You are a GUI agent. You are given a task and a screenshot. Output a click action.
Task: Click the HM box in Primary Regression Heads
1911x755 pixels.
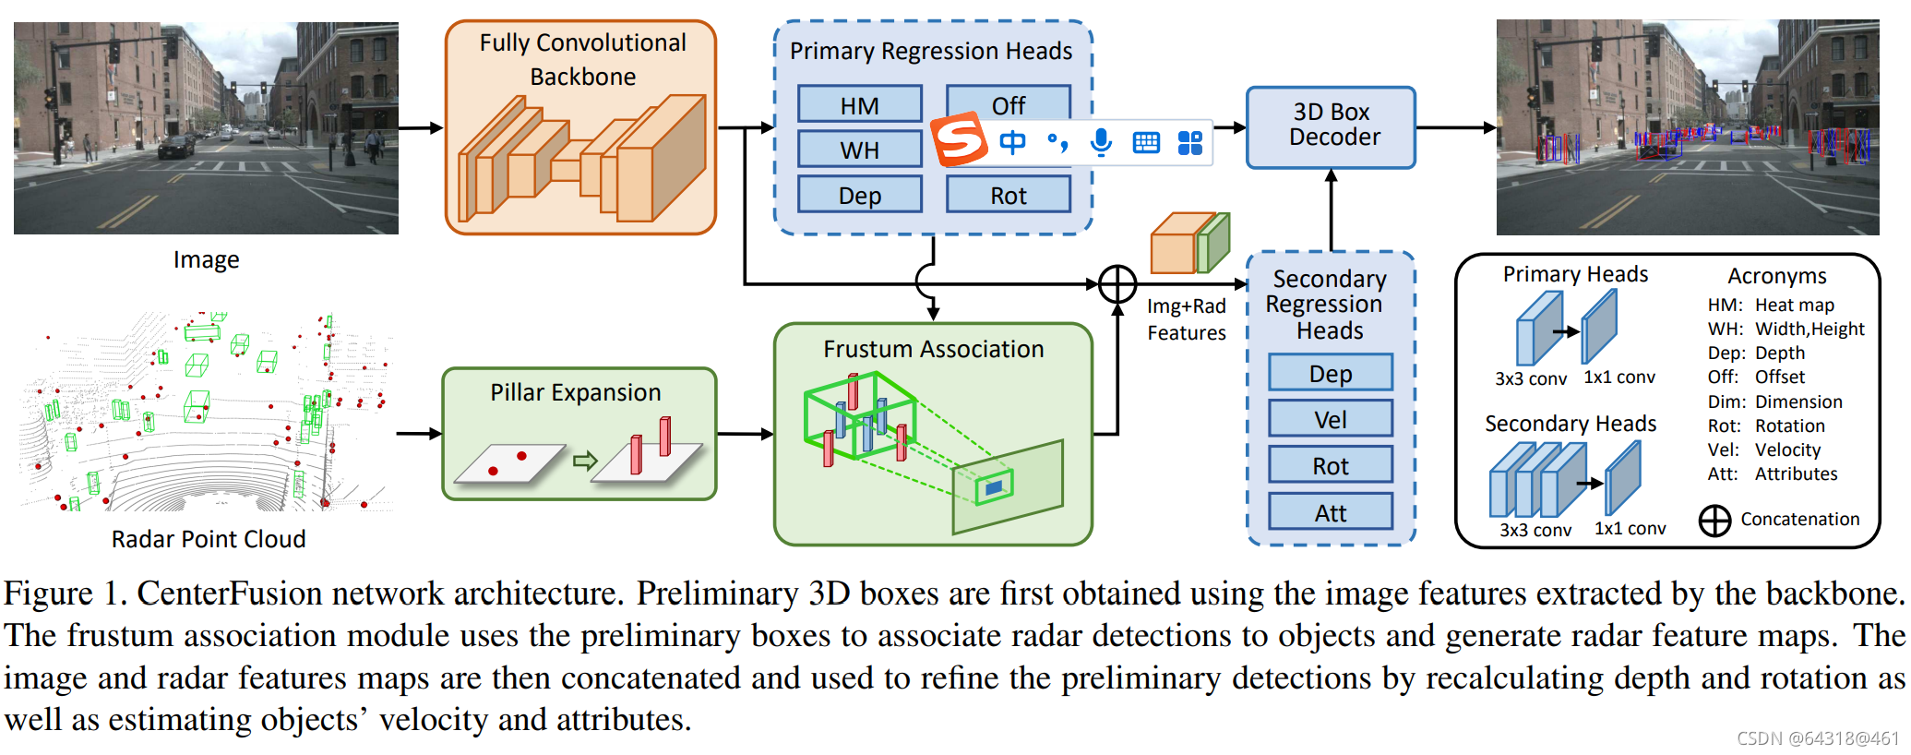tap(859, 105)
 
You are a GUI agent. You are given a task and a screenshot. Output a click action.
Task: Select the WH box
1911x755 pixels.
tap(859, 150)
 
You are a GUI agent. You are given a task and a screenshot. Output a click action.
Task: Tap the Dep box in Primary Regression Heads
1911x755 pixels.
tap(859, 195)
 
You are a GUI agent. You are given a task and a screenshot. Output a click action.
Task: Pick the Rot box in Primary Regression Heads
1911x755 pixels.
tap(1008, 195)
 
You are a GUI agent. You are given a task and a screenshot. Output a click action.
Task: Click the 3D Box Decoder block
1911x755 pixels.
tap(1331, 126)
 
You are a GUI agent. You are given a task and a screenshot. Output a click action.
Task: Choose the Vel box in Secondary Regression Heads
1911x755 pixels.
tap(1330, 419)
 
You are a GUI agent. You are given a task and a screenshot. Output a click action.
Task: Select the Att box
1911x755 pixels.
tap(1330, 512)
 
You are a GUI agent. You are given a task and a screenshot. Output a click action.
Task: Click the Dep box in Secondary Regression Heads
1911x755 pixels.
tap(1330, 373)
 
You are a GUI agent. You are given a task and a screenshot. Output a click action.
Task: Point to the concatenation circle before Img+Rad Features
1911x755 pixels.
tap(1117, 284)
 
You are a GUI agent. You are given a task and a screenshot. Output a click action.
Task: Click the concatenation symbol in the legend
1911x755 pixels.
tap(1714, 521)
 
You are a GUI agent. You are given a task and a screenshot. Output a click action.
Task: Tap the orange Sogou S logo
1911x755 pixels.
tap(959, 139)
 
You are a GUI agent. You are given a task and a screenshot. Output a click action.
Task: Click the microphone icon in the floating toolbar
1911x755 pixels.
tap(1101, 142)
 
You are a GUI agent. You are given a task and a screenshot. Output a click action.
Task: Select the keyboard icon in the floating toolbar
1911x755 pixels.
tap(1146, 142)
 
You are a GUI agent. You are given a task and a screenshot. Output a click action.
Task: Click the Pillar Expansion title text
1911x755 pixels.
tap(575, 392)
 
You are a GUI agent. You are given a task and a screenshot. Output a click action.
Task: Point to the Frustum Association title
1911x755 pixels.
tap(933, 349)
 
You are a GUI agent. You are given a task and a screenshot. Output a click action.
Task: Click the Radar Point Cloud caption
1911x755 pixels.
tap(209, 539)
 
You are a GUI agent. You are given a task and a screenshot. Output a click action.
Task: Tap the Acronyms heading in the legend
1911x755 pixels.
tap(1776, 276)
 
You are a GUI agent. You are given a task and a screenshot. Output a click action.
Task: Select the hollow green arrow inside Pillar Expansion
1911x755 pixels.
tap(585, 460)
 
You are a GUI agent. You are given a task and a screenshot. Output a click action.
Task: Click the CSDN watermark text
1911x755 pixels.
tap(1817, 738)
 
